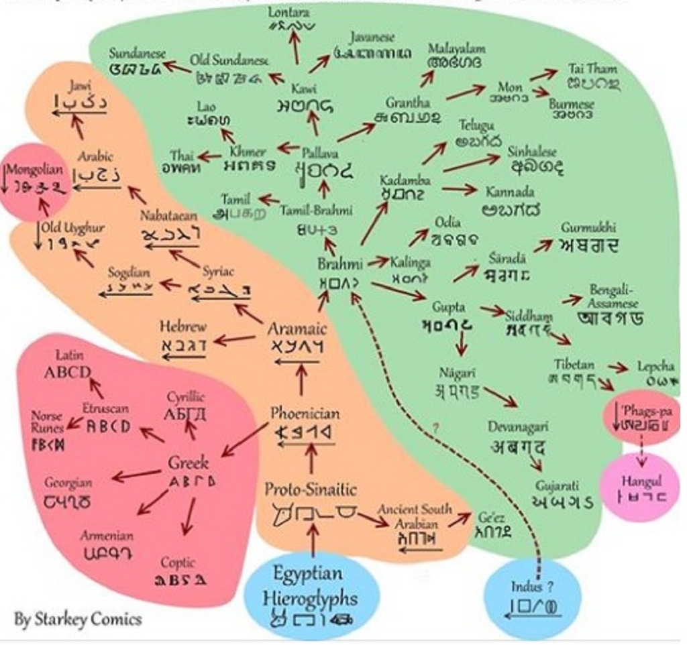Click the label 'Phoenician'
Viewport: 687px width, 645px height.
point(305,413)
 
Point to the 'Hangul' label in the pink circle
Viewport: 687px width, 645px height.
point(641,481)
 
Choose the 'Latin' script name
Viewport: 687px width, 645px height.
point(70,355)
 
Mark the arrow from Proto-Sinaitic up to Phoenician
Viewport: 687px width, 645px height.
point(310,459)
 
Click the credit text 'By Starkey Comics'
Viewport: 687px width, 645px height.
point(78,619)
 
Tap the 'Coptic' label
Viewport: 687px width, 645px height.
point(178,562)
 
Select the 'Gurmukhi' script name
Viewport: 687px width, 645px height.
point(588,228)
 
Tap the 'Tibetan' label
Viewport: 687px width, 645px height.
point(574,365)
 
